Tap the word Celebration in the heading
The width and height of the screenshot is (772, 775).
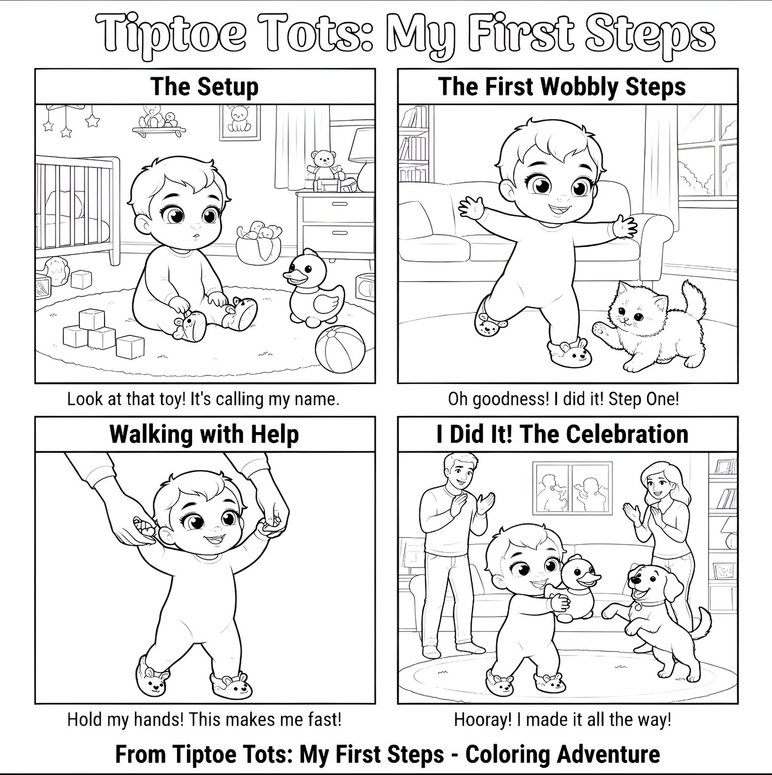(x=627, y=434)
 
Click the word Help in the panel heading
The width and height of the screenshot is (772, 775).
(x=275, y=435)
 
